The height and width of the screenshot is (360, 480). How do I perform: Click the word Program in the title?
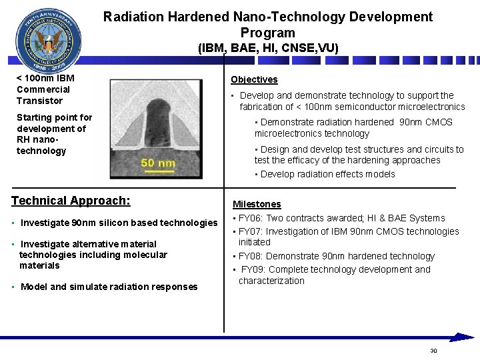click(x=267, y=33)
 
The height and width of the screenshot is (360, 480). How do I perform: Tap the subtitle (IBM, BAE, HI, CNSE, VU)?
click(x=268, y=48)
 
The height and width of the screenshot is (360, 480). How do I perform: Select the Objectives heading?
click(x=254, y=79)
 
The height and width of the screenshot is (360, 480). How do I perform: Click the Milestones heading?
click(x=257, y=204)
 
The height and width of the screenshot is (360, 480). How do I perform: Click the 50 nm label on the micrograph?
click(x=158, y=163)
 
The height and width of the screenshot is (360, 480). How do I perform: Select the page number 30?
click(x=433, y=351)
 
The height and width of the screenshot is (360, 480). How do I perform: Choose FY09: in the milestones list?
click(x=254, y=269)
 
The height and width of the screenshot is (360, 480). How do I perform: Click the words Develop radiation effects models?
click(x=328, y=174)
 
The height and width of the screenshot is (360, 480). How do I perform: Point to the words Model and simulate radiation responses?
click(x=109, y=287)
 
